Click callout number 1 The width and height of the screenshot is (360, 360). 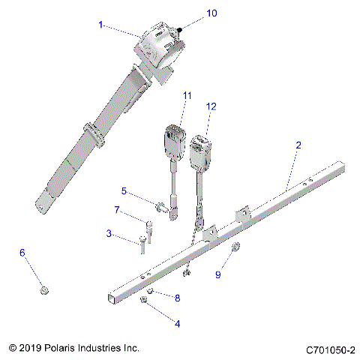pos(101,25)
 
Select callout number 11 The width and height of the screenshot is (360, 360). pos(186,96)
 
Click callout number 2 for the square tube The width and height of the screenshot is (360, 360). pos(298,145)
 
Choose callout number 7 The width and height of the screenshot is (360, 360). pos(117,209)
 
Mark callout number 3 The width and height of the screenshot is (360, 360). pos(109,235)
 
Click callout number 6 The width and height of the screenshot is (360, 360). pos(22,253)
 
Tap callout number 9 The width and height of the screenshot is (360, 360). pos(219,274)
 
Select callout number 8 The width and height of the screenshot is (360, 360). pos(177,298)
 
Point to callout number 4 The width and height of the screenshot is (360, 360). pos(177,323)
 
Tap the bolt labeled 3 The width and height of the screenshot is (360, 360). pos(142,241)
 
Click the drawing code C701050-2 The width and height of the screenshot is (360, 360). pos(330,349)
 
